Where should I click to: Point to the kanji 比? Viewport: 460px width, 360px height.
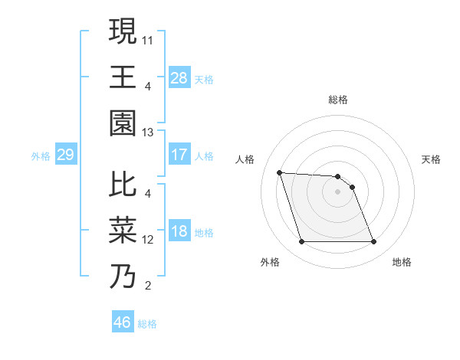coord(123,184)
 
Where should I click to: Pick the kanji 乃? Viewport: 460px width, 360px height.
coord(123,276)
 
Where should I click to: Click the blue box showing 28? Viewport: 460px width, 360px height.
coord(179,78)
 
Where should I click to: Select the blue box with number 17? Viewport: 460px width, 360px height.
coord(179,155)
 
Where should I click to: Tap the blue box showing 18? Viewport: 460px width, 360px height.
coord(179,232)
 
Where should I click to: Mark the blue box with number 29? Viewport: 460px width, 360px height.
coord(65,155)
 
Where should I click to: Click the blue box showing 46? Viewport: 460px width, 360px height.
coord(122,322)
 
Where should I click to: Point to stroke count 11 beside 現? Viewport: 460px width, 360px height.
coord(148,38)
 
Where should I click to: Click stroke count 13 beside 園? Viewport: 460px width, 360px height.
coord(148,132)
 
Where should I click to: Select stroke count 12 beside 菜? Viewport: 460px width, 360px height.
coord(148,240)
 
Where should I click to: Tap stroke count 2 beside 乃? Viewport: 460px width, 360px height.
coord(147,286)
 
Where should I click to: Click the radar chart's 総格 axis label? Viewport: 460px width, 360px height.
coord(338,100)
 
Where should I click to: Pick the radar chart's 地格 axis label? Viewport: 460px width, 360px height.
coord(402,262)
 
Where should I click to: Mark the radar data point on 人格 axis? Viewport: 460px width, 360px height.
coord(279,172)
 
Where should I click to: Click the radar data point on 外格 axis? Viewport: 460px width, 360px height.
coord(301,242)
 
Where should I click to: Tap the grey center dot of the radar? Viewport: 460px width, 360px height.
coord(338,191)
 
